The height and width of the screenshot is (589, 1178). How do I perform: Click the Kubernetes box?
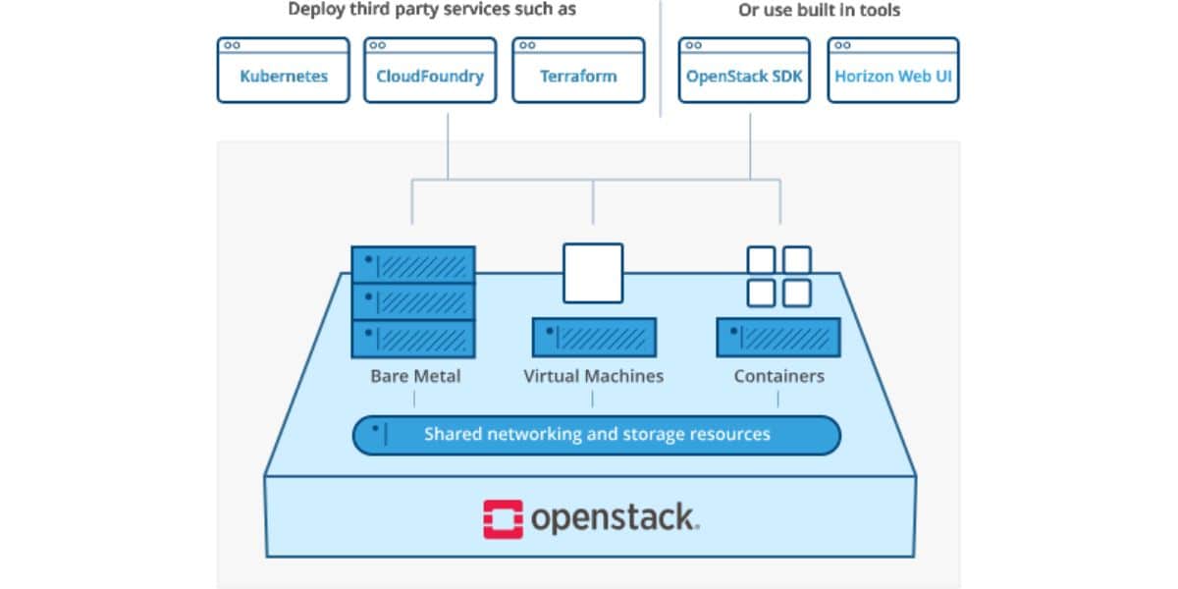[284, 71]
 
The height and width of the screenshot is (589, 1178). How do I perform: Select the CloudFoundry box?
[430, 71]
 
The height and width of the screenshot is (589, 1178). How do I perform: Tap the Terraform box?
[578, 71]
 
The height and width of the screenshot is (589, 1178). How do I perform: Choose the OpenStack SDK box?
[745, 71]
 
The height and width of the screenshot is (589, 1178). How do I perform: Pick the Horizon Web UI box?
[892, 71]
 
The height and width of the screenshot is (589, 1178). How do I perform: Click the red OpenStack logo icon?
[503, 519]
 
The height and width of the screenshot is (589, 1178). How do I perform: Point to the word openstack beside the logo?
[615, 518]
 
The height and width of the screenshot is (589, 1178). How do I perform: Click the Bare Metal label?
[415, 376]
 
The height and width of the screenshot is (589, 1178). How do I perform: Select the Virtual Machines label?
[593, 376]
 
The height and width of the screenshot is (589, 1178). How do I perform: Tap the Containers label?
[778, 376]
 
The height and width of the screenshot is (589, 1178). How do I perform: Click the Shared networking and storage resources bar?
[596, 435]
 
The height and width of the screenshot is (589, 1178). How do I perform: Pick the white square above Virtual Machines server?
[593, 273]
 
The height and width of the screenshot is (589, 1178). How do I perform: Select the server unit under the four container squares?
[778, 338]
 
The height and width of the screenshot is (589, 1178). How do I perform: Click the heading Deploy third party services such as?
[432, 11]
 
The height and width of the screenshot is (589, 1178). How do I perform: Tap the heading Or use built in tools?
[819, 11]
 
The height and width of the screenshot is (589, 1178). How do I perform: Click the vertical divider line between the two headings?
[660, 59]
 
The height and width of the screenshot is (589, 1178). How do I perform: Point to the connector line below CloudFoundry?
[448, 145]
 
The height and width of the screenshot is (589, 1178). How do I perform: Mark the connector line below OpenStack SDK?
[751, 145]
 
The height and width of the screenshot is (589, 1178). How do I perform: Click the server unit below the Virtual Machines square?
[593, 338]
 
